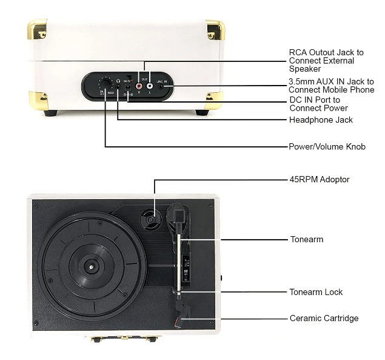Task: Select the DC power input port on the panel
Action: pos(128,87)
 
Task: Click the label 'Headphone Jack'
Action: pos(321,120)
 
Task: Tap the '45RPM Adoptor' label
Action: pos(320,180)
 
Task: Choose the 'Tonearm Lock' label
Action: pos(316,292)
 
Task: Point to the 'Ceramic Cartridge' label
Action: pos(324,318)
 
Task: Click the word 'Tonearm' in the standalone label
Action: pos(306,239)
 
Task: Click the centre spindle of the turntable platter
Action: pos(91,266)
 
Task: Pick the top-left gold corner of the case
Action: pos(36,28)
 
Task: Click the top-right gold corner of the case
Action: pos(215,29)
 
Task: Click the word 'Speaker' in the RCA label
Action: pos(304,69)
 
